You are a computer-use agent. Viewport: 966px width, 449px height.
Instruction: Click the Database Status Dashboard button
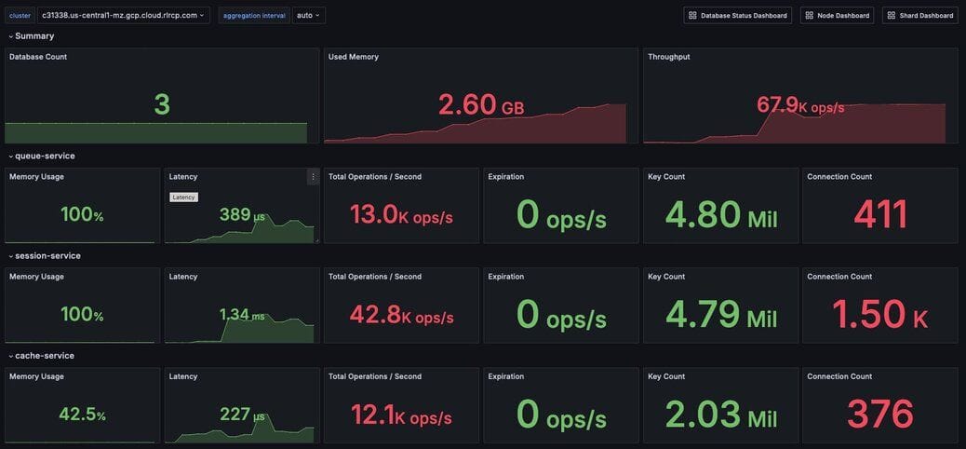click(737, 15)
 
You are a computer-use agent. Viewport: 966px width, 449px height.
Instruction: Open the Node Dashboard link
click(837, 15)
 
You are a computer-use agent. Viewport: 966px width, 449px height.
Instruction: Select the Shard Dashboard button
click(919, 15)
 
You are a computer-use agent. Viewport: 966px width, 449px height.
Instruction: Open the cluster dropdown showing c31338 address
click(123, 15)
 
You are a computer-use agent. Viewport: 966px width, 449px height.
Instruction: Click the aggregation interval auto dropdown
click(308, 15)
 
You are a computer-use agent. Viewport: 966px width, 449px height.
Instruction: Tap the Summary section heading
click(34, 35)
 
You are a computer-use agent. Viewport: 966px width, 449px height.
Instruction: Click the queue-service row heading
click(45, 156)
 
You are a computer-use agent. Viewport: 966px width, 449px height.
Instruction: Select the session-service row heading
click(47, 255)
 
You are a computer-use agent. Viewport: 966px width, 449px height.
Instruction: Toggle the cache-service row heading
click(44, 355)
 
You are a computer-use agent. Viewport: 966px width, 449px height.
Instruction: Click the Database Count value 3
click(162, 104)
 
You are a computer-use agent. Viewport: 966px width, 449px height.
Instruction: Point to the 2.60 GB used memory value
click(481, 105)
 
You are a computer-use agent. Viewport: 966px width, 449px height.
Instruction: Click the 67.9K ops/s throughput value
click(800, 105)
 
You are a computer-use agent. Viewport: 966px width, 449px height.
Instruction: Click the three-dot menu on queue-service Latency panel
click(313, 176)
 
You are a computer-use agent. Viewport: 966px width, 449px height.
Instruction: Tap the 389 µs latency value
click(242, 215)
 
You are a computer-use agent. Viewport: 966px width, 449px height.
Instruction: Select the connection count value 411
click(880, 215)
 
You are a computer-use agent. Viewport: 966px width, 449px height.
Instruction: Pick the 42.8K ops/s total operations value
click(401, 316)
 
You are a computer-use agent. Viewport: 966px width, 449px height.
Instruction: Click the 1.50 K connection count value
click(879, 315)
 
